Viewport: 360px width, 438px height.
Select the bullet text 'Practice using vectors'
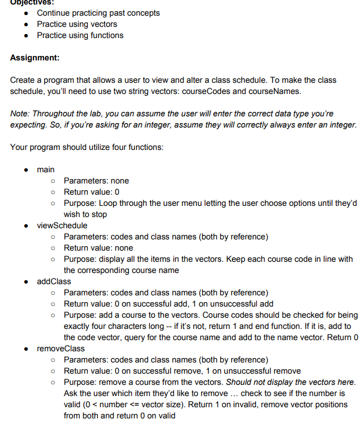click(x=77, y=24)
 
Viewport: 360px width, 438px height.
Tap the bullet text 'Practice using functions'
click(x=80, y=35)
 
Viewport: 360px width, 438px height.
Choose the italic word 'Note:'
click(x=20, y=114)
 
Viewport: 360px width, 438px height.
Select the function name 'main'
click(x=46, y=169)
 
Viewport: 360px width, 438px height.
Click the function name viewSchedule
click(x=62, y=225)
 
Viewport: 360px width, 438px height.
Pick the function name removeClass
click(x=61, y=348)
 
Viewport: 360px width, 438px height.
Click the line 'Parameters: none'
click(x=96, y=181)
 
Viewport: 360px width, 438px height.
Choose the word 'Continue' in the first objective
click(x=54, y=13)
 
